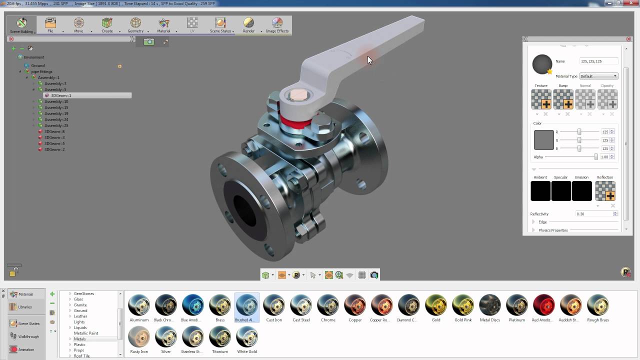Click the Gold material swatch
pos(436,305)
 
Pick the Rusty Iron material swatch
pos(139,337)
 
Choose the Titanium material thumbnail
pos(220,337)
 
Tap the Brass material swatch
pos(220,305)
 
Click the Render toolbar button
pos(248,24)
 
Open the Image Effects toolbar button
pos(277,24)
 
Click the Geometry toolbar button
pos(135,24)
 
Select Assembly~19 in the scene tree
pos(56,113)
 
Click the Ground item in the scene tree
pos(38,65)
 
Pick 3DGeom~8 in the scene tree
pos(54,131)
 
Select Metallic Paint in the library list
pos(86,333)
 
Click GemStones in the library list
pos(84,293)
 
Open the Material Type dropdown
pos(598,76)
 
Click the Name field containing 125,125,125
pos(598,61)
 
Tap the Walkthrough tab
pos(28,336)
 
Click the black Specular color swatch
pos(561,191)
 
